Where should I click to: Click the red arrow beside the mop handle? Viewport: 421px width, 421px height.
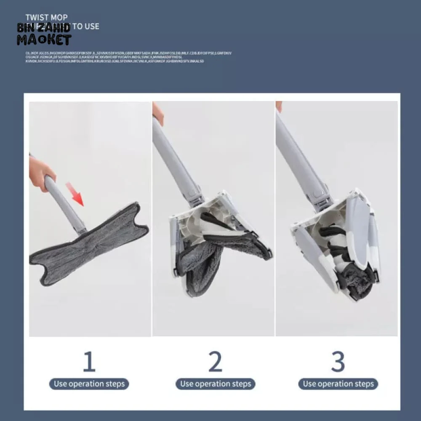click(x=75, y=194)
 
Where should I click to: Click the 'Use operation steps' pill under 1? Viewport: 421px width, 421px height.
click(x=89, y=384)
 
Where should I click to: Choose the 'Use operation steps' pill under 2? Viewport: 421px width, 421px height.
click(x=215, y=384)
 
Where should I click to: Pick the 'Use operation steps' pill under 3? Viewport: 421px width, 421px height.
click(x=338, y=384)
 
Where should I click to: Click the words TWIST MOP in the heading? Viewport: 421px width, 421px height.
click(x=46, y=18)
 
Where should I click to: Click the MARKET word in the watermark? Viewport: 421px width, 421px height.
click(x=44, y=40)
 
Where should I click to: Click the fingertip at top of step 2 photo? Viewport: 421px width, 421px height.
click(x=158, y=113)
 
